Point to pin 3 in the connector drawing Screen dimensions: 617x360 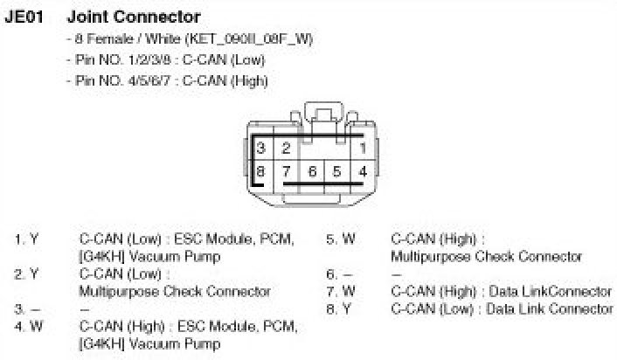tap(260, 149)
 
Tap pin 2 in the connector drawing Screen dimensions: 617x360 tap(286, 149)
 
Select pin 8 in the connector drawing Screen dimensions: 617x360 tap(260, 171)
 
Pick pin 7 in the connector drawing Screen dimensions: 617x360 tap(286, 171)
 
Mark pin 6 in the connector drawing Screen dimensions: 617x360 tap(311, 171)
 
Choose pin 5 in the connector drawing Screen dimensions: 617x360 tap(336, 171)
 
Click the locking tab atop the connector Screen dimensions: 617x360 tap(323, 116)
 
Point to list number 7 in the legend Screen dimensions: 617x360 tap(330, 291)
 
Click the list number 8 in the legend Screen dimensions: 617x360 tap(330, 308)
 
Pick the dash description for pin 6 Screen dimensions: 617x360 tap(395, 273)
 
